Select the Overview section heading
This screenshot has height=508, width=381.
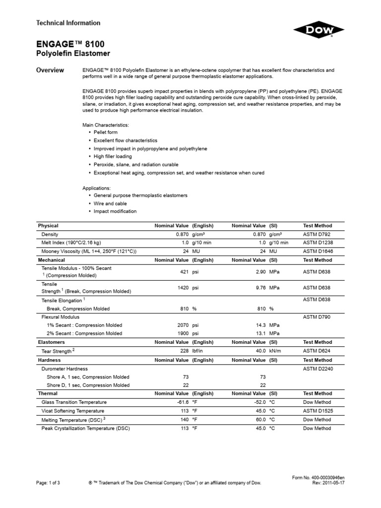[50, 70]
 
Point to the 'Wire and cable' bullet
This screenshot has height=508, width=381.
[110, 203]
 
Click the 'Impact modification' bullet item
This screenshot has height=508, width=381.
[115, 211]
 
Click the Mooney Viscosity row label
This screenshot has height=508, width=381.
[89, 252]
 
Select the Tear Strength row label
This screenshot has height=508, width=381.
[58, 351]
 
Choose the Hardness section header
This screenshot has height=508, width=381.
[50, 360]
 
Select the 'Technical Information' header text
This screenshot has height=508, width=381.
[68, 23]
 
